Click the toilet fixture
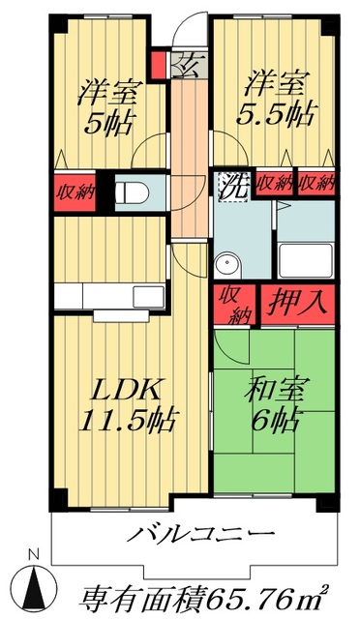130,190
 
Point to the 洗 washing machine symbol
231,184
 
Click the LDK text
125,391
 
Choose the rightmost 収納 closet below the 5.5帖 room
317,182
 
